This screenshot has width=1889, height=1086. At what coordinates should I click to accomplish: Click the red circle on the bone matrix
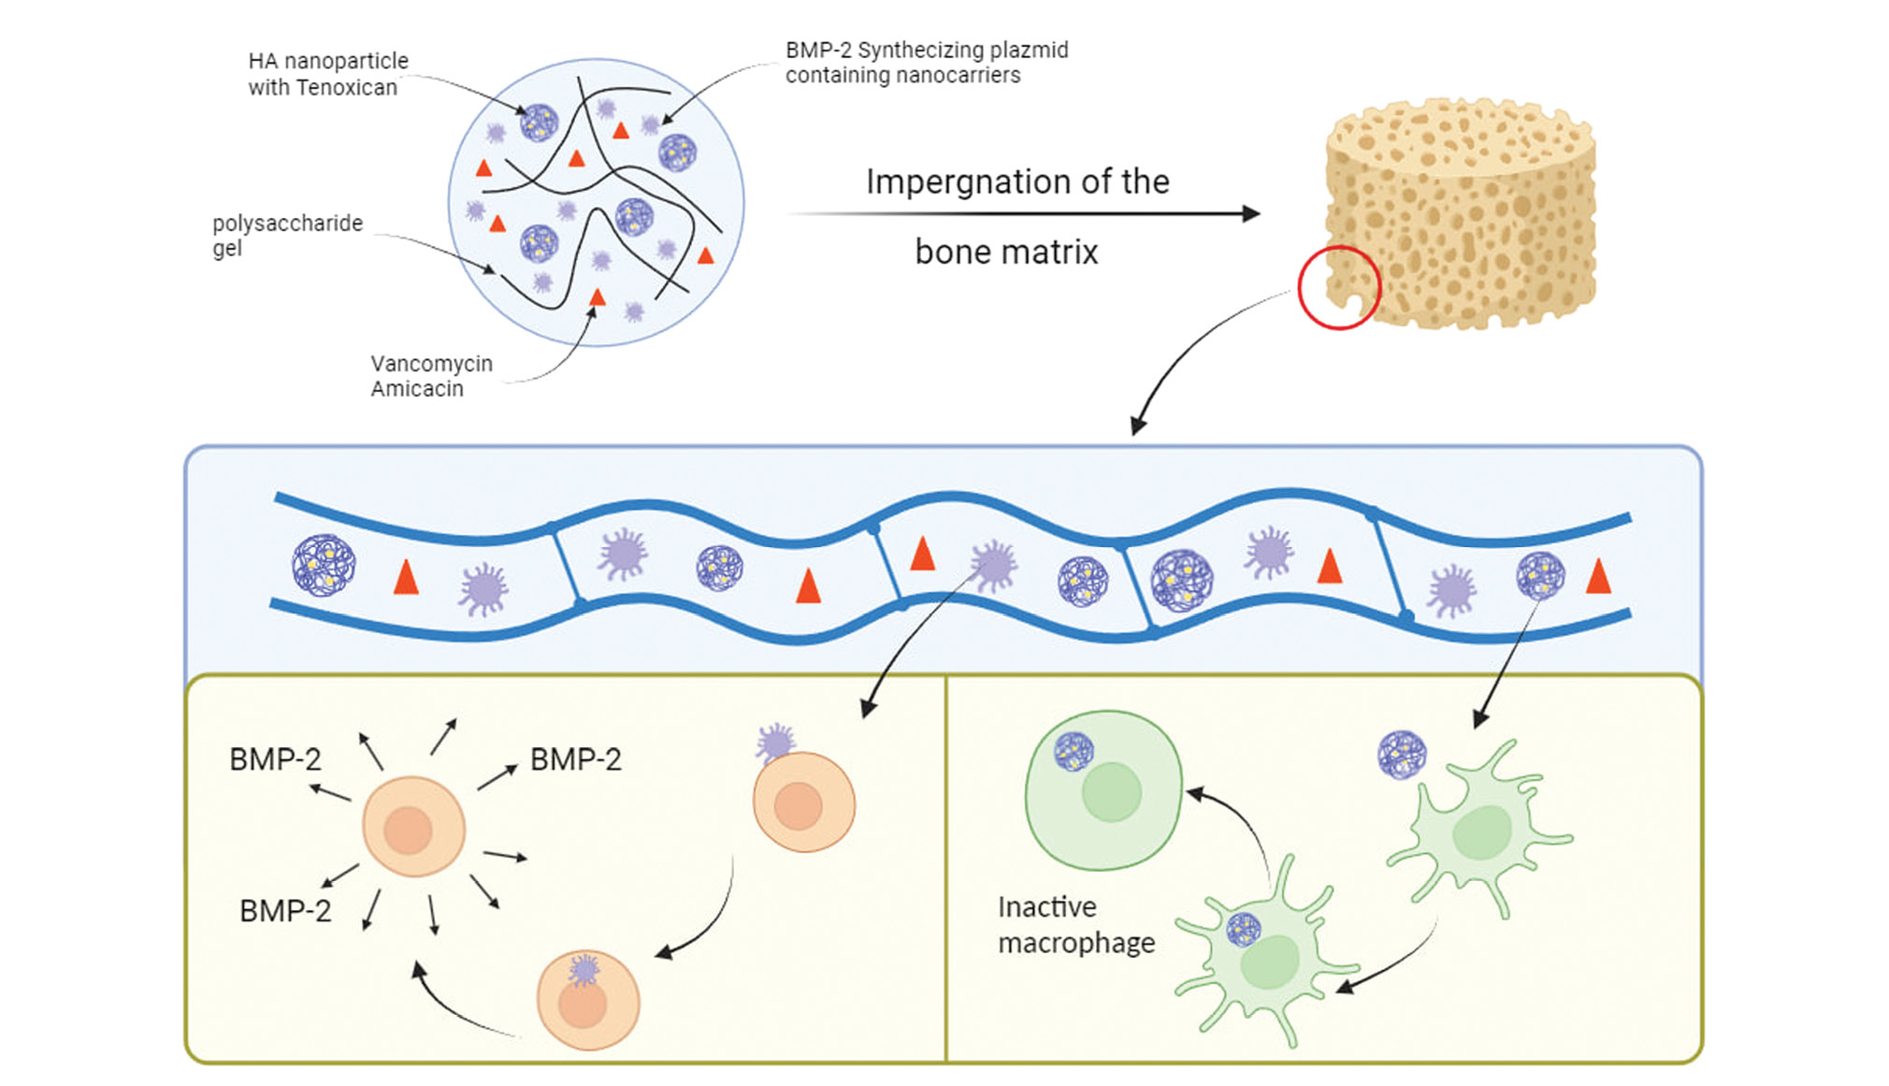pyautogui.click(x=1339, y=287)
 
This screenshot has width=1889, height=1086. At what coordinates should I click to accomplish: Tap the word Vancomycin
pyautogui.click(x=431, y=364)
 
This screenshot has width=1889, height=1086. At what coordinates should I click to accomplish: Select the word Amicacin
pyautogui.click(x=417, y=389)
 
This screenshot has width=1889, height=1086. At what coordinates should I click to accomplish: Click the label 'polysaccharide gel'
pyautogui.click(x=286, y=235)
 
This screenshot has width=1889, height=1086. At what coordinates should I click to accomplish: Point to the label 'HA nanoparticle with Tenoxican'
pyautogui.click(x=327, y=74)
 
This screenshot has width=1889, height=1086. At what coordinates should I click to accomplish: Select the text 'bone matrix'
pyautogui.click(x=1006, y=253)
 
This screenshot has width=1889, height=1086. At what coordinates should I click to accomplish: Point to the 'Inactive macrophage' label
pyautogui.click(x=1075, y=924)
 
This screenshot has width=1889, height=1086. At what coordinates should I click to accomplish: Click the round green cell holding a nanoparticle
pyautogui.click(x=1103, y=790)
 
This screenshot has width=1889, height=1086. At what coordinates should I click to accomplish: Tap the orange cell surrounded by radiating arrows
pyautogui.click(x=413, y=827)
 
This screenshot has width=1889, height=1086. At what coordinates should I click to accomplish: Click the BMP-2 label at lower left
pyautogui.click(x=285, y=911)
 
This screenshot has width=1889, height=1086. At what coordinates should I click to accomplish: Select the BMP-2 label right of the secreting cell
pyautogui.click(x=575, y=760)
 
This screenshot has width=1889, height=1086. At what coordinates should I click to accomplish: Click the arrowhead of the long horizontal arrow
pyautogui.click(x=1251, y=213)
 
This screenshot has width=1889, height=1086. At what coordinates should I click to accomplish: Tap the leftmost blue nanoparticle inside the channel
pyautogui.click(x=324, y=565)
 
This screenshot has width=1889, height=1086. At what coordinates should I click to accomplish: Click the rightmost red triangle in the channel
pyautogui.click(x=1598, y=577)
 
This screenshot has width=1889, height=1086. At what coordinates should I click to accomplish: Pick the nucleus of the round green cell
pyautogui.click(x=1112, y=791)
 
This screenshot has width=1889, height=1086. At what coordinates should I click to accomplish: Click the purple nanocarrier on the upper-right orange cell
pyautogui.click(x=775, y=743)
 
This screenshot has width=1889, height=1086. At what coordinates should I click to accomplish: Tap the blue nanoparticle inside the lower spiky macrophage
pyautogui.click(x=1243, y=930)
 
